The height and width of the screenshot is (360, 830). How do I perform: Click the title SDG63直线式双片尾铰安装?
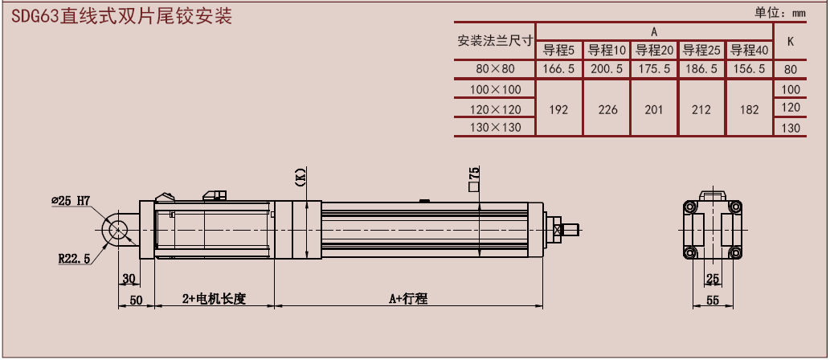tap(122, 16)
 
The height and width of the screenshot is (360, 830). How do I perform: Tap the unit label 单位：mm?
tap(779, 13)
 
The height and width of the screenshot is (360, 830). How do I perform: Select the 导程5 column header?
tap(559, 51)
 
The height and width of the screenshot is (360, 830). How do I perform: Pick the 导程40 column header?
tap(749, 51)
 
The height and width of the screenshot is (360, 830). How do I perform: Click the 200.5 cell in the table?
tap(607, 69)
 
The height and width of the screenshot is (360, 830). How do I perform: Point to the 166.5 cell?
tap(559, 69)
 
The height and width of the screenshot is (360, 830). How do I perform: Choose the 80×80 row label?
tap(495, 69)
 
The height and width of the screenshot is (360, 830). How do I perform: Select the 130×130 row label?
tap(495, 128)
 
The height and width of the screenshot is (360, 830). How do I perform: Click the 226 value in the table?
tap(607, 109)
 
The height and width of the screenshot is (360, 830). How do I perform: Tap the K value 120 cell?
tap(791, 108)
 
